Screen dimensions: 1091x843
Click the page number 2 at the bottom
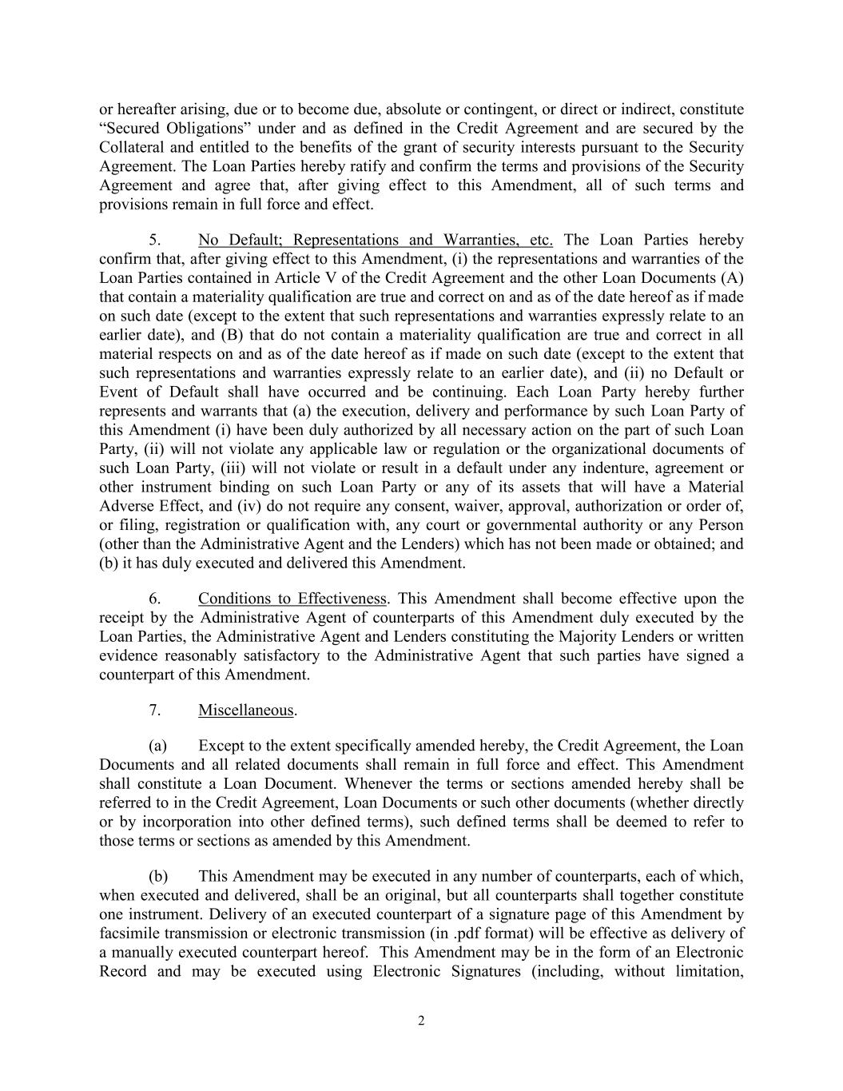[421, 1021]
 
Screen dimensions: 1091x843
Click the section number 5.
[157, 240]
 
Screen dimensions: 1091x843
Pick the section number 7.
[157, 710]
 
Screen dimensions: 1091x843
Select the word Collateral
[132, 148]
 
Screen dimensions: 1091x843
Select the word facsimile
[131, 934]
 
